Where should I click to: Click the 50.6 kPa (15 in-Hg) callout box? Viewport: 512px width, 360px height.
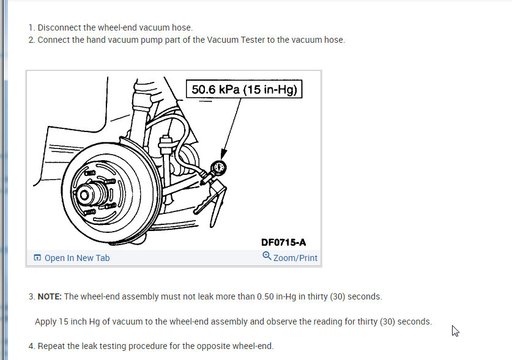click(x=244, y=90)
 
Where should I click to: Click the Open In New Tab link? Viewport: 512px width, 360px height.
click(x=77, y=258)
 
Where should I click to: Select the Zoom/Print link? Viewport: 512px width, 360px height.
click(x=295, y=258)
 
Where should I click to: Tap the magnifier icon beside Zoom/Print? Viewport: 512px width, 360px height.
click(x=267, y=257)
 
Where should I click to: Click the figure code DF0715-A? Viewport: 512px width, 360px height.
click(x=284, y=242)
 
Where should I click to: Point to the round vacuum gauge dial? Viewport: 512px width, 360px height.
click(x=218, y=166)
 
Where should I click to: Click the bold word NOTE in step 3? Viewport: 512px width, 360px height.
click(x=50, y=296)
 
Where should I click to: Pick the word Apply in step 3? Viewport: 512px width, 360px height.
click(x=46, y=321)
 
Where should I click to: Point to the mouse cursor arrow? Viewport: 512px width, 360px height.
click(x=455, y=331)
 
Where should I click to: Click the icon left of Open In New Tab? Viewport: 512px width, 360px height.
click(x=38, y=258)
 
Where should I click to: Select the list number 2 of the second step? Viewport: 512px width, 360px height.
click(x=31, y=40)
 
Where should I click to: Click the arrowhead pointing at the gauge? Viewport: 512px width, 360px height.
click(x=223, y=155)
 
